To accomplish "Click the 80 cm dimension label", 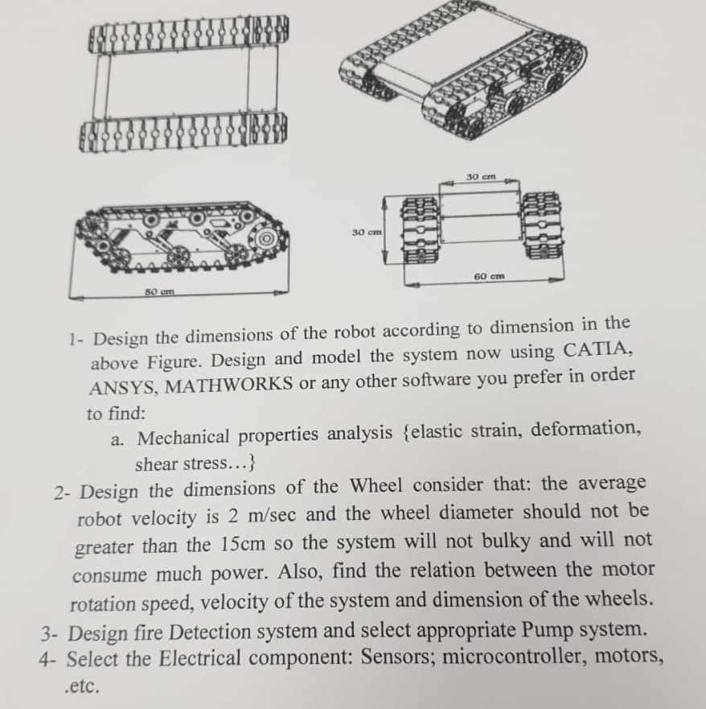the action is click(x=159, y=291).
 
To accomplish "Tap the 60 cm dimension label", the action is click(x=489, y=275).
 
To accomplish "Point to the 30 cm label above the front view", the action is click(x=482, y=176).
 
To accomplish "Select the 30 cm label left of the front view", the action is click(x=367, y=233).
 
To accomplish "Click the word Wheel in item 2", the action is click(x=376, y=485).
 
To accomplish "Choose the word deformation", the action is click(x=585, y=429).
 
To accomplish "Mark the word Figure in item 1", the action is click(x=178, y=361).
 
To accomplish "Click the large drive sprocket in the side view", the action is click(x=265, y=238).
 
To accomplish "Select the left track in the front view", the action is click(x=420, y=229).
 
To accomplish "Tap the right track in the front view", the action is click(x=542, y=225).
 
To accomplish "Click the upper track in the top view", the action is click(x=188, y=37).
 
